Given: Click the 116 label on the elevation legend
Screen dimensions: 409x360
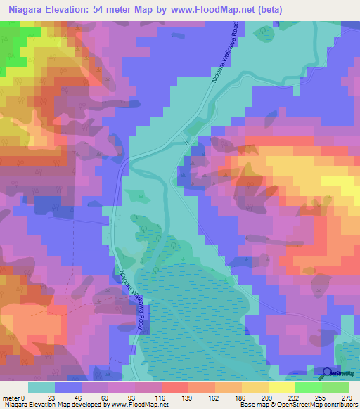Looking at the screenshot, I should click(x=160, y=397).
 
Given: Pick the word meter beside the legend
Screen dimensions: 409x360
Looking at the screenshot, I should click(x=12, y=397).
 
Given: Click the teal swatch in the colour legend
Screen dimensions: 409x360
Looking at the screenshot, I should click(x=41, y=387).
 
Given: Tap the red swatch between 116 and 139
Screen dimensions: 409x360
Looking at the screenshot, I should click(x=174, y=387).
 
